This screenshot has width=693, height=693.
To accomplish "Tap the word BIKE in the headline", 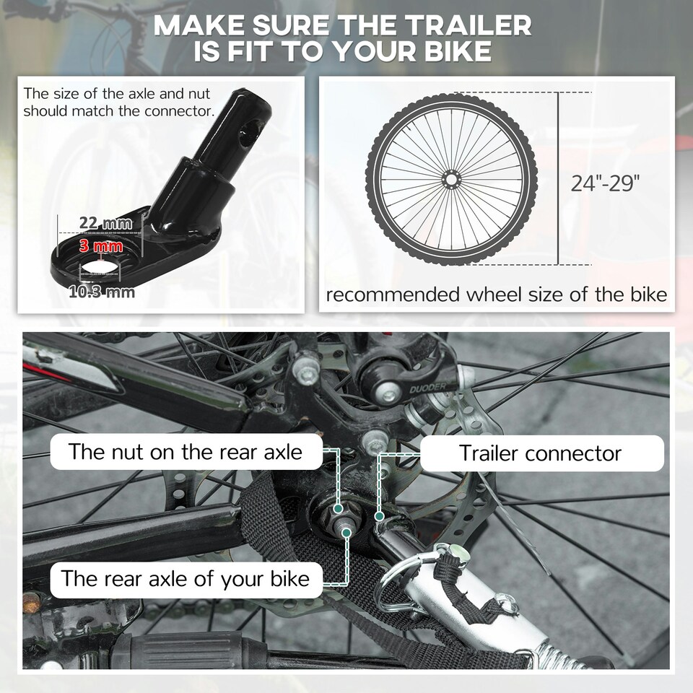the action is click(458, 51).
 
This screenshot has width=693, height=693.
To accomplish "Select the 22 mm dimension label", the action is click(105, 223).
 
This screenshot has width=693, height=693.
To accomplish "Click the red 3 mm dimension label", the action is click(101, 245).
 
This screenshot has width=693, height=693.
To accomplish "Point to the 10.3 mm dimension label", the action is click(102, 292).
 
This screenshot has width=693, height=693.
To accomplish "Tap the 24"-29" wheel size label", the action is click(605, 183).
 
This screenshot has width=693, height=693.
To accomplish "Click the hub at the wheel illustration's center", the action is click(451, 179).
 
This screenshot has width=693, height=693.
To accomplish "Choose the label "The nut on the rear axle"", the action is click(186, 452).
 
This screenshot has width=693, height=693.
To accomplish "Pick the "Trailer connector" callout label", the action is click(541, 453).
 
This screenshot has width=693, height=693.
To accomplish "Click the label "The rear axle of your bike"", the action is click(186, 578).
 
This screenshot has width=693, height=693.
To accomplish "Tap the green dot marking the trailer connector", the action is click(379, 515).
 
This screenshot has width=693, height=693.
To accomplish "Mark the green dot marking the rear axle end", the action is click(346, 533).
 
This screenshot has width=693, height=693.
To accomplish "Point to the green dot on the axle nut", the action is click(338, 509).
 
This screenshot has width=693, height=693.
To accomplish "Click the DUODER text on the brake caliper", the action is click(428, 388).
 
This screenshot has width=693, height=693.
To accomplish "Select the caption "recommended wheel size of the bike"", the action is click(497, 295).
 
